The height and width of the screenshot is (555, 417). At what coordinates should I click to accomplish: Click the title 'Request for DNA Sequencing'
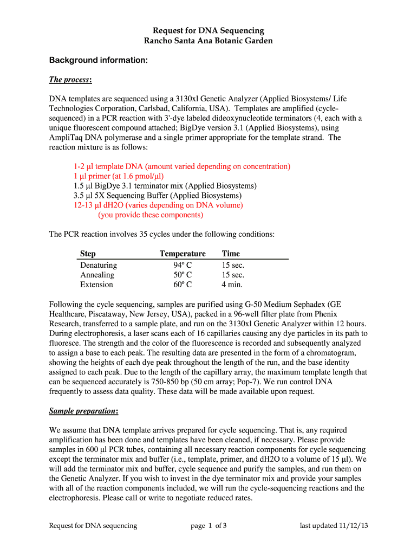pyautogui.click(x=208, y=30)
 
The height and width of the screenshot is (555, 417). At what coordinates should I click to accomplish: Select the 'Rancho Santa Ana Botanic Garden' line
pyautogui.click(x=208, y=41)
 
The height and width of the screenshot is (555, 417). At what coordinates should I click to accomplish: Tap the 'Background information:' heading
pyautogui.click(x=98, y=60)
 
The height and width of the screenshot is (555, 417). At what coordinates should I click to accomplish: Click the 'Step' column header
pyautogui.click(x=88, y=254)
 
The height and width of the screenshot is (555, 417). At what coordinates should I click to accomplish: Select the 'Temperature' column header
pyautogui.click(x=183, y=254)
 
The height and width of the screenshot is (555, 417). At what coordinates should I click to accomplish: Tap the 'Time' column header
pyautogui.click(x=231, y=254)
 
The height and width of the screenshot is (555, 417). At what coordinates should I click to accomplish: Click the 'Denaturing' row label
pyautogui.click(x=99, y=265)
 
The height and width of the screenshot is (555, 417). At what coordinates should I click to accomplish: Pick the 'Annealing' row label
pyautogui.click(x=97, y=275)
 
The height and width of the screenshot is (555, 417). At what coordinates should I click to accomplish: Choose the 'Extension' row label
pyautogui.click(x=96, y=285)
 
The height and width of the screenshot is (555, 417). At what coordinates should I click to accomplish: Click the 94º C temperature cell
pyautogui.click(x=183, y=265)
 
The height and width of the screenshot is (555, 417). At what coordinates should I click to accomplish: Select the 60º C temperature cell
pyautogui.click(x=183, y=285)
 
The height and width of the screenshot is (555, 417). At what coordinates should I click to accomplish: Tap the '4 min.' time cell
pyautogui.click(x=232, y=285)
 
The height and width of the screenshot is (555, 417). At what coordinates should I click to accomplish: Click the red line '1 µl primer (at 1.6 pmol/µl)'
pyautogui.click(x=119, y=176)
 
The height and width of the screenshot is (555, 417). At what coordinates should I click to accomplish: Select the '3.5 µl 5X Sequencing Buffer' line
pyautogui.click(x=158, y=196)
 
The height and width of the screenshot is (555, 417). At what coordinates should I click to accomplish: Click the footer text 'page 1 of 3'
pyautogui.click(x=208, y=525)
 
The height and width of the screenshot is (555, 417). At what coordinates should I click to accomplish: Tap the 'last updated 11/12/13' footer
pyautogui.click(x=334, y=525)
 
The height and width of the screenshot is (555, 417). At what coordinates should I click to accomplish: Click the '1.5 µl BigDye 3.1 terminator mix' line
pyautogui.click(x=165, y=186)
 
